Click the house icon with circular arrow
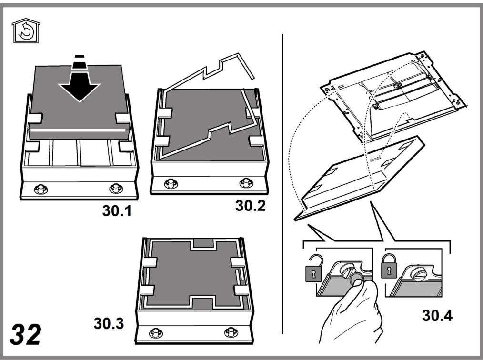tap(26, 31)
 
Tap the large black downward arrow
tap(80, 80)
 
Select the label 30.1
tap(117, 211)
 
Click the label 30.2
tap(250, 206)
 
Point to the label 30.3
tap(109, 324)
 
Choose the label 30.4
tap(437, 316)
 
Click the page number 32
tap(25, 335)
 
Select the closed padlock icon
tap(389, 266)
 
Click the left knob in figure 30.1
tap(40, 189)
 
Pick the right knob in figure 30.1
tap(116, 188)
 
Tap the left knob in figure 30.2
tap(171, 183)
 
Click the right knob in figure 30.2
tap(246, 182)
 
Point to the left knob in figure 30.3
tap(156, 333)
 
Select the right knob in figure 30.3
tap(231, 332)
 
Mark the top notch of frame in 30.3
tap(203, 243)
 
